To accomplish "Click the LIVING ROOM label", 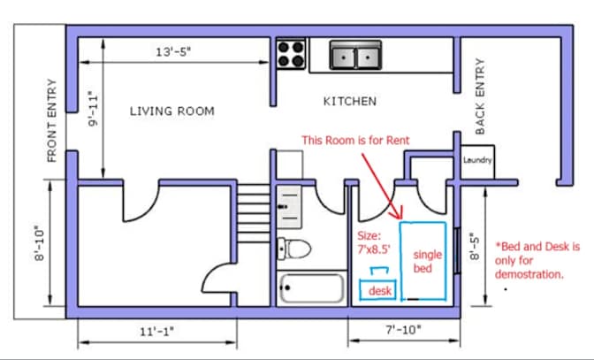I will (172, 111).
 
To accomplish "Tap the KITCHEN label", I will (349, 101).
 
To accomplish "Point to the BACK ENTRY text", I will (481, 96).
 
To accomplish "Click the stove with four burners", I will (290, 55).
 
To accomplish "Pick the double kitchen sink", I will (354, 57).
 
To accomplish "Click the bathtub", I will (311, 288).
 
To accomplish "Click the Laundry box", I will (477, 161).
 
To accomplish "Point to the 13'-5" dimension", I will (173, 52).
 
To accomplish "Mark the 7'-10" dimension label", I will (404, 331).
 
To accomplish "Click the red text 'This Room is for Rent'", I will (355, 140).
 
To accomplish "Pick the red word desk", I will (380, 291).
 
